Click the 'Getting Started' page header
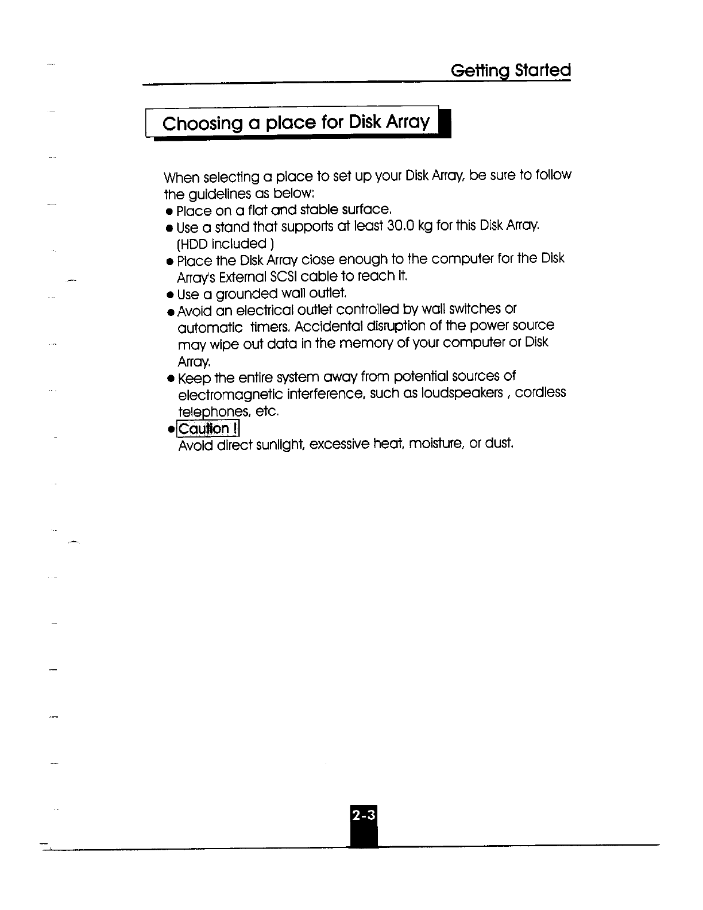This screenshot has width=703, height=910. (511, 71)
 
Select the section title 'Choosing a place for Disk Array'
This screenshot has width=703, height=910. (296, 123)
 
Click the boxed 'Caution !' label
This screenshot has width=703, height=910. (208, 429)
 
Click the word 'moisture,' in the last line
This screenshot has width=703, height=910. (434, 444)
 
